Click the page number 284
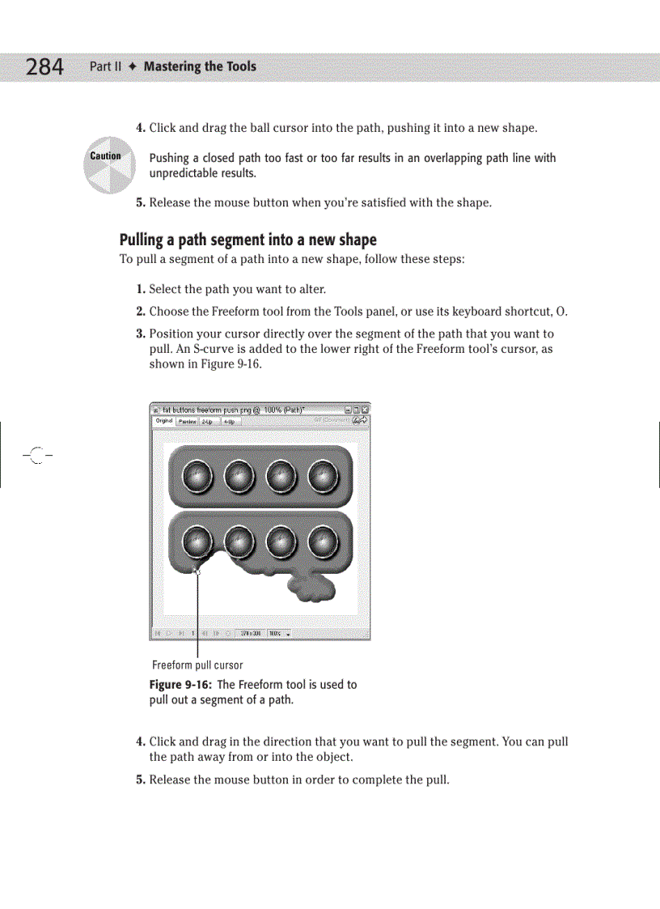click(44, 66)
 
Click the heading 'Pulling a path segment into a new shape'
click(247, 240)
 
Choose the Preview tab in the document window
click(187, 421)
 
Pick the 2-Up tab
click(207, 421)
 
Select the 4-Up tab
click(229, 421)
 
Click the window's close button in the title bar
click(365, 410)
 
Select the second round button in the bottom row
click(239, 542)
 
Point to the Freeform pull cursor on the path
click(197, 570)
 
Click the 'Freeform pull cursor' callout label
click(197, 665)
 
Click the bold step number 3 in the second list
click(141, 334)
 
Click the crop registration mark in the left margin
click(36, 457)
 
